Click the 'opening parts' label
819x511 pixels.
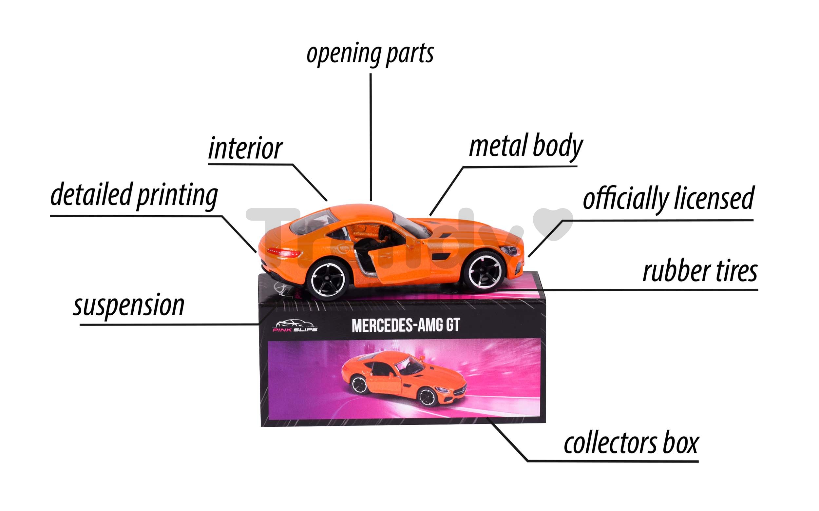click(x=370, y=54)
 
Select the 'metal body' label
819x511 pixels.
click(x=526, y=146)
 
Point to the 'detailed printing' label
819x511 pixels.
click(x=134, y=195)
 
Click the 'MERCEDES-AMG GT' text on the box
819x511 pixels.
click(x=406, y=325)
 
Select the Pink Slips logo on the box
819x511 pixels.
click(x=295, y=325)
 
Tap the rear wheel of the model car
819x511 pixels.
click(x=327, y=279)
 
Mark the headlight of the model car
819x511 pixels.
click(x=511, y=251)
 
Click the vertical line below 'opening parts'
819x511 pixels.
click(x=371, y=137)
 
